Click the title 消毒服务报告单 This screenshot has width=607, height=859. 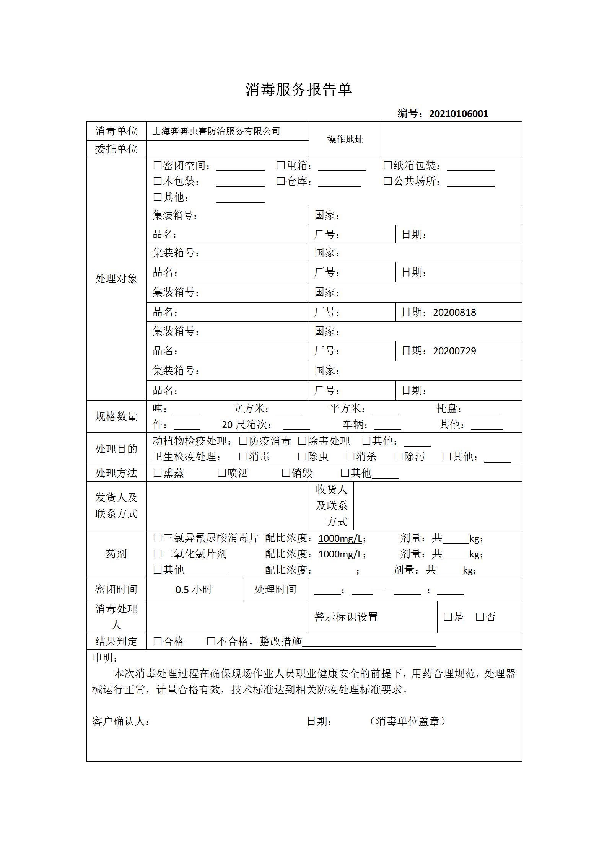click(x=298, y=90)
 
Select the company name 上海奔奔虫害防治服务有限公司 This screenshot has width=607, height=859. click(x=216, y=131)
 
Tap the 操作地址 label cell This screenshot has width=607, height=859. click(x=345, y=140)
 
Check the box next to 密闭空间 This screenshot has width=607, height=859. click(x=157, y=166)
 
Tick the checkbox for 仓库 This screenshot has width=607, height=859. click(x=281, y=181)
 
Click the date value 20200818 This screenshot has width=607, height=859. click(x=454, y=312)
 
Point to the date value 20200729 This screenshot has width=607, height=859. click(x=454, y=351)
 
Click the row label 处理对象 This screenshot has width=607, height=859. click(x=116, y=279)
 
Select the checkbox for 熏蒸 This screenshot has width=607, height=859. click(x=157, y=473)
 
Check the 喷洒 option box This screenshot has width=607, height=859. click(x=221, y=473)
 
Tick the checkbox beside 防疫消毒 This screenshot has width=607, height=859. click(x=243, y=441)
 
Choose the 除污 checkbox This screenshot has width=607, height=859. click(x=398, y=457)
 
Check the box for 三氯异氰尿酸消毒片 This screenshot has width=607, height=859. click(x=157, y=538)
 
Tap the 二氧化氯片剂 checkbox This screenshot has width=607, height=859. click(x=157, y=554)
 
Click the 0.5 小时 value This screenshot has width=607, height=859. click(x=194, y=589)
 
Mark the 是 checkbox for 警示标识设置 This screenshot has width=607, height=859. click(x=448, y=617)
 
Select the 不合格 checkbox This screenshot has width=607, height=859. click(x=211, y=641)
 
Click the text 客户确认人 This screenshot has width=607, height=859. click(x=120, y=721)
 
